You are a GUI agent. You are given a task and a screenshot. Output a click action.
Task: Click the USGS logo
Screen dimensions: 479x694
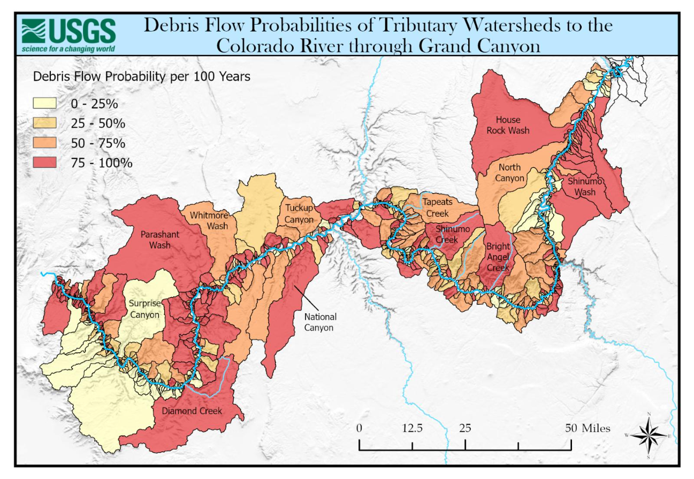pos(68,35)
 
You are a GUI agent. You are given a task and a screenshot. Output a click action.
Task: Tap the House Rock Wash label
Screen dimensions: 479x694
pos(512,125)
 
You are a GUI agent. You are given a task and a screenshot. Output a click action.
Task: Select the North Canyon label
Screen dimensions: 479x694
pos(509,173)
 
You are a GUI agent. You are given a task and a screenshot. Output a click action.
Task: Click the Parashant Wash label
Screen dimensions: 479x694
pos(160,239)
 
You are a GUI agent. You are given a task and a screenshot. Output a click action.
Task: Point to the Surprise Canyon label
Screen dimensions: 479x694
pos(144,310)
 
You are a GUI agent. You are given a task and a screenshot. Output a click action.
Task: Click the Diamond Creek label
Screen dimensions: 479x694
pos(192,411)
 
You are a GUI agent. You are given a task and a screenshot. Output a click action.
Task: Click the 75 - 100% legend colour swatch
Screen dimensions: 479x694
pos(45,163)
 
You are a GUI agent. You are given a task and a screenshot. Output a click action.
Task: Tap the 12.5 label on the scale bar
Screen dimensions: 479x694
pos(413,428)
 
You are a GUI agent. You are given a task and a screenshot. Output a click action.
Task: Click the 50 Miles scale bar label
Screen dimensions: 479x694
pos(588,428)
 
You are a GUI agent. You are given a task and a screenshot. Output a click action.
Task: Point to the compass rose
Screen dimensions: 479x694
pos(649,436)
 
